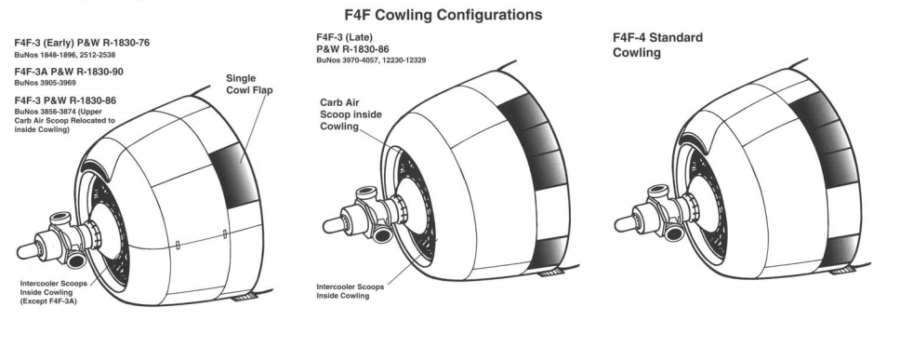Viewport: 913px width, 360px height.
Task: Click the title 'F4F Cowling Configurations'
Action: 443,15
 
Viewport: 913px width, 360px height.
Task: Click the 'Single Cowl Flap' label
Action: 249,84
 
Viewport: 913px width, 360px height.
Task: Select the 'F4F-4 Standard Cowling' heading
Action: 658,45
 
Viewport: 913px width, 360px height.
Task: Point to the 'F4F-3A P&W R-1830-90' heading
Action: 69,72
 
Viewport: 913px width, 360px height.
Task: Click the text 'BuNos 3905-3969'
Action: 45,83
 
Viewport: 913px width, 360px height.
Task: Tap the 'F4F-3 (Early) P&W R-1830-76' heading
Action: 82,43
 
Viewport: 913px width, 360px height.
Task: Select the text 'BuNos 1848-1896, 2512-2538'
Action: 65,55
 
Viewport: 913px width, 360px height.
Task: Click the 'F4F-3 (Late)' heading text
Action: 345,37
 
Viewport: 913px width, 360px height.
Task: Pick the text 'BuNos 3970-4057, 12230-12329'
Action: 371,60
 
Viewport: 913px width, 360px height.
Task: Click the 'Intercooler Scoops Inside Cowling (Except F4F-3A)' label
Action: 54,292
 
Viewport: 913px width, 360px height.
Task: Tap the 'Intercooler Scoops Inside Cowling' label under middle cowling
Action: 350,291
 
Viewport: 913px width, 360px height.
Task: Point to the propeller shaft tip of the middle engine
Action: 329,225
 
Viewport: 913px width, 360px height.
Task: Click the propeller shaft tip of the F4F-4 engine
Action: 621,223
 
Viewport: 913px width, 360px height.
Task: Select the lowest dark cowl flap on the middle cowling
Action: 549,253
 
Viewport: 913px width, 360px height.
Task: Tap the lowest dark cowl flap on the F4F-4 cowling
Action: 840,250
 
